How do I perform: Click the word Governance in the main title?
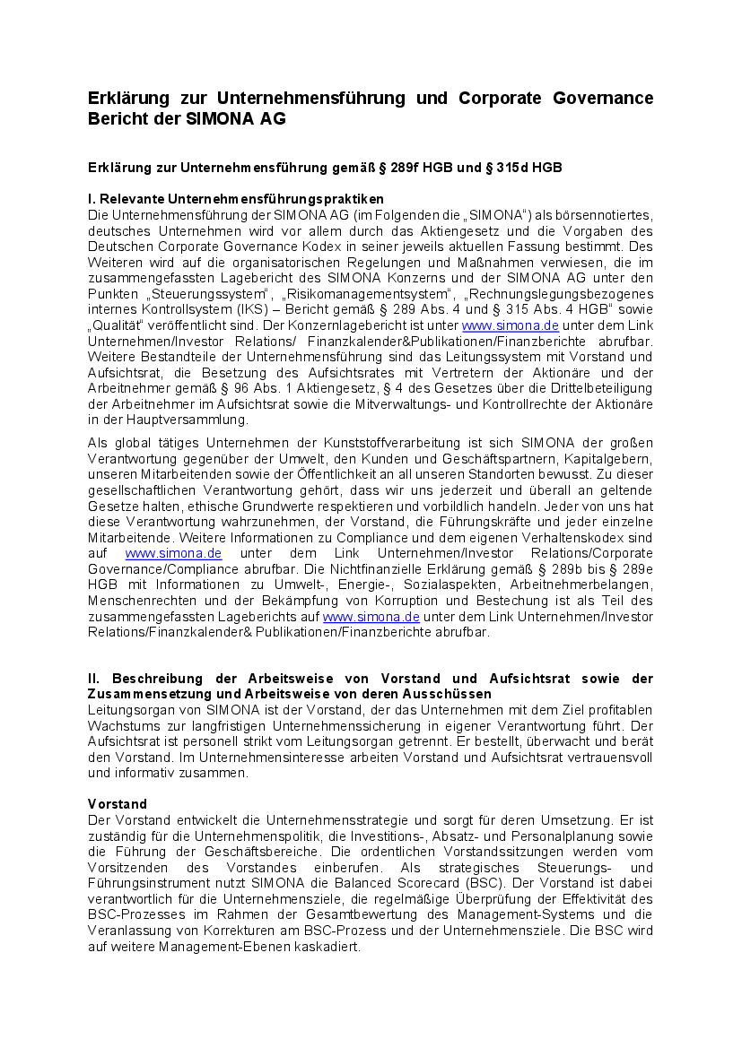(x=598, y=98)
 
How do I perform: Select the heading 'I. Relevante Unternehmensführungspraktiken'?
(x=236, y=199)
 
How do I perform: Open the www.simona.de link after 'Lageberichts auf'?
(x=371, y=617)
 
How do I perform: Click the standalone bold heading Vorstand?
(x=118, y=803)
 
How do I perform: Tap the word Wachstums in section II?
(x=120, y=725)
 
